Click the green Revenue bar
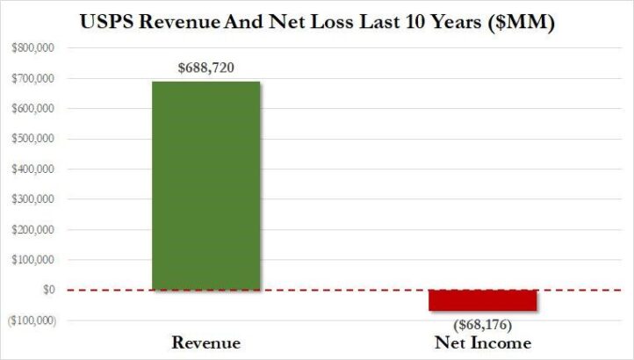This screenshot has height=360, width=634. click(205, 184)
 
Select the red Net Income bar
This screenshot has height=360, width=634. click(482, 299)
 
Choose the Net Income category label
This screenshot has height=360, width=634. click(482, 342)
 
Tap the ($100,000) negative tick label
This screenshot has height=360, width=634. click(29, 320)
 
